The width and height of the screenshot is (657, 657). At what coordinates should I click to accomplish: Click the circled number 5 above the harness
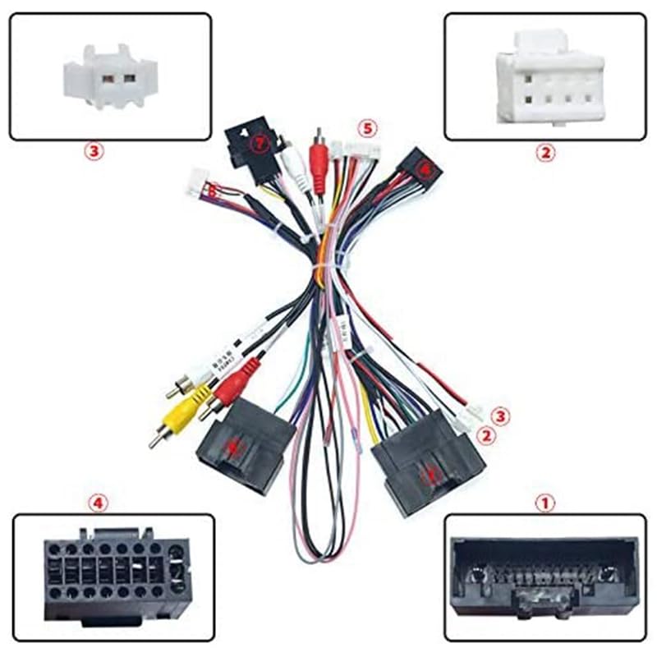367,128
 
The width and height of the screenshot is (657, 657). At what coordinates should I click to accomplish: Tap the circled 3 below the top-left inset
94,152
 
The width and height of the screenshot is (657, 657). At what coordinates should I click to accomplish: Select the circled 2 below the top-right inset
542,152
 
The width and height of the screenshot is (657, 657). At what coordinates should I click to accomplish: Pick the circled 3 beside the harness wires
500,416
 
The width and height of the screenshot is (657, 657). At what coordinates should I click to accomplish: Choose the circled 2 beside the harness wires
487,436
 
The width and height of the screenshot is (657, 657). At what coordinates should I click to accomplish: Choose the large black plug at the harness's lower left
245,447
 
